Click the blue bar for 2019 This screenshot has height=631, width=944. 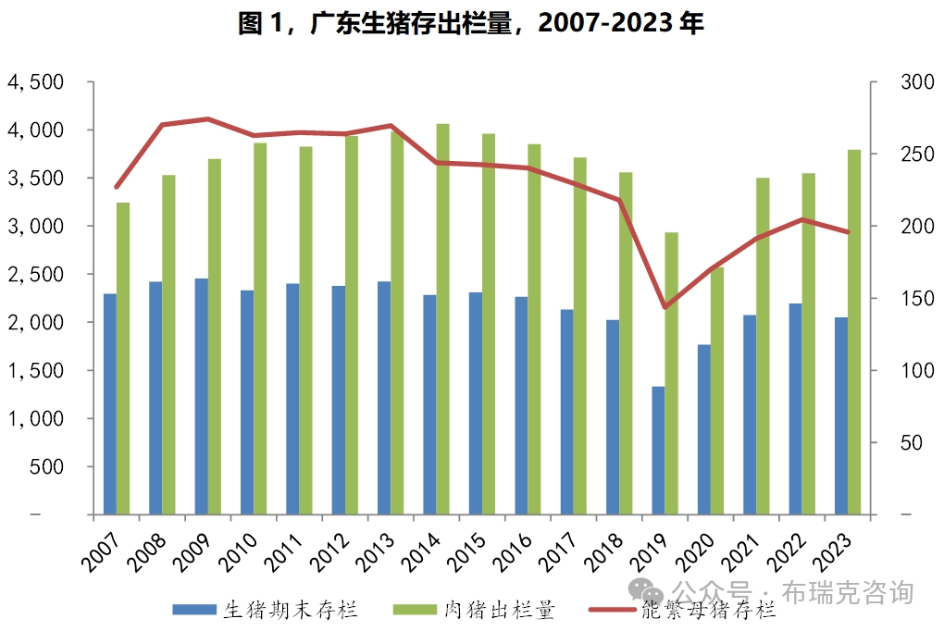click(658, 451)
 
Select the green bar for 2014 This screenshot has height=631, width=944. click(443, 319)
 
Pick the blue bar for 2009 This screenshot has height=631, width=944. click(201, 396)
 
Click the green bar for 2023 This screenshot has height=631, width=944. click(854, 331)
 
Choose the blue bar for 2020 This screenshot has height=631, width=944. click(704, 429)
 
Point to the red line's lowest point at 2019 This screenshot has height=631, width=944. click(664, 307)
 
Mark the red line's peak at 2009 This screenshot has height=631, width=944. click(207, 118)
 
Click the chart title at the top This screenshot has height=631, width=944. click(471, 23)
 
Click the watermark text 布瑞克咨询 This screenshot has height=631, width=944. click(848, 591)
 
